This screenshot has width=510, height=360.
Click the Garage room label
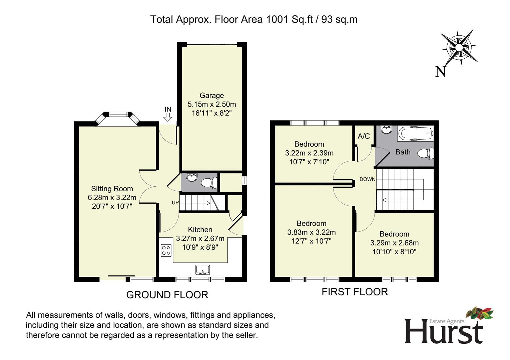[x=211, y=95]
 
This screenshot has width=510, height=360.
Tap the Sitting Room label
[x=112, y=189]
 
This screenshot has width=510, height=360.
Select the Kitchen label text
[x=200, y=230]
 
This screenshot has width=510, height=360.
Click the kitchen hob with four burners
[x=166, y=250]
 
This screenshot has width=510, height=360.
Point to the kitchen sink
[x=203, y=270]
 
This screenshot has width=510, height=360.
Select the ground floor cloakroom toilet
[x=209, y=182]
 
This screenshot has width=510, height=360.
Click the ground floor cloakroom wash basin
[x=192, y=177]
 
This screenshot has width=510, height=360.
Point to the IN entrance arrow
[x=168, y=117]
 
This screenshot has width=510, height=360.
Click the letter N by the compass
[x=440, y=72]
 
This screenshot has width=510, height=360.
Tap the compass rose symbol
[x=459, y=47]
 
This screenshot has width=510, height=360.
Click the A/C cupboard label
[x=364, y=136]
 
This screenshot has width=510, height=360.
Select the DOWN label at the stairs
[x=367, y=179]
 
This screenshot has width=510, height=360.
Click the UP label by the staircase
[x=175, y=203]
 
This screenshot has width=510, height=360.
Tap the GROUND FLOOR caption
[x=167, y=295]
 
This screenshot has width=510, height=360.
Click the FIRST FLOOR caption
[x=355, y=292]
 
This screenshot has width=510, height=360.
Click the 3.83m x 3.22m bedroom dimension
[x=312, y=232]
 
